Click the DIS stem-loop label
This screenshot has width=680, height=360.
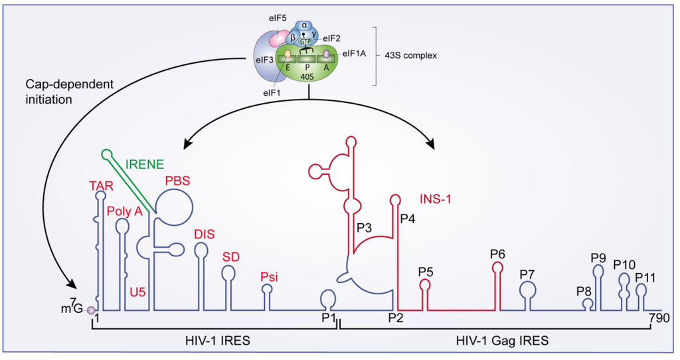click(x=203, y=233)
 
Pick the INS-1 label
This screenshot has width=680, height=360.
click(x=437, y=198)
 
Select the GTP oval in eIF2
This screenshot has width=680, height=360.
click(x=305, y=41)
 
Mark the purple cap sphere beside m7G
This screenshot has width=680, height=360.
click(x=92, y=309)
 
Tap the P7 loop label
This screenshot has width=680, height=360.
click(x=528, y=274)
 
